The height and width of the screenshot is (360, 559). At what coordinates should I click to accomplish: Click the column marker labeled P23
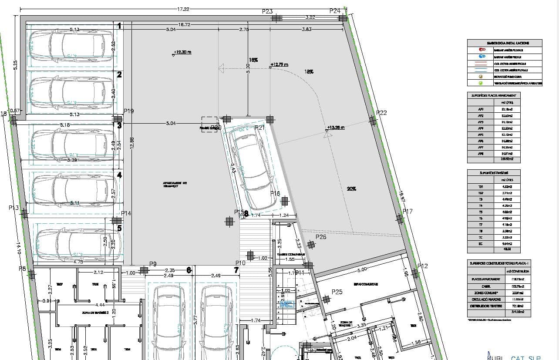(276, 18)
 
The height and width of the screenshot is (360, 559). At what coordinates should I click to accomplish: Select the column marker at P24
(343, 18)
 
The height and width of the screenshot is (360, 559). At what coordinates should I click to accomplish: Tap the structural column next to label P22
(373, 120)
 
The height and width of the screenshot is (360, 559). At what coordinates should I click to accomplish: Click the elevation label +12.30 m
(182, 52)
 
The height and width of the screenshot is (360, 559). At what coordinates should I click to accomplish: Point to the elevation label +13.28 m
(336, 128)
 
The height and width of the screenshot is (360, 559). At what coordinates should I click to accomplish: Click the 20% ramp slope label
(351, 189)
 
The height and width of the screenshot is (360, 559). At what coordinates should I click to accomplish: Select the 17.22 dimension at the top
(183, 9)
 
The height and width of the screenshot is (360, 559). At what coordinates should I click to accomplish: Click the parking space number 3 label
(119, 125)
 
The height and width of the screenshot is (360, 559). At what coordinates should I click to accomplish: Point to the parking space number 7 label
(236, 270)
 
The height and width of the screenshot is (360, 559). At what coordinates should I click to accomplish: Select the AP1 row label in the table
(481, 109)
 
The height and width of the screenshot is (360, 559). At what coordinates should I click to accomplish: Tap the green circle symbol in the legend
(481, 83)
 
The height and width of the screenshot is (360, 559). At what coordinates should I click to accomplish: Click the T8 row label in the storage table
(481, 231)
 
